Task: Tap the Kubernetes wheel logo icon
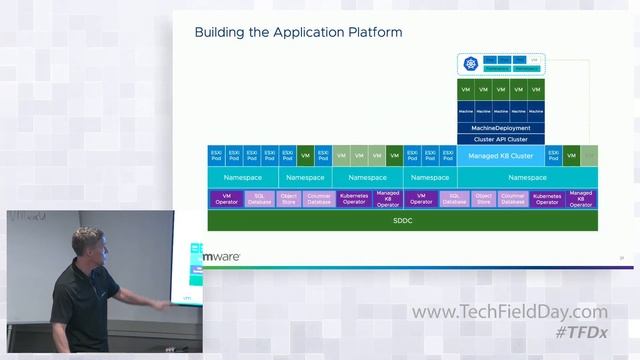click(470, 65)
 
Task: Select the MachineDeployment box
click(501, 128)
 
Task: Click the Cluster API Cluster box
click(501, 139)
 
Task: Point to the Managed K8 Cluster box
click(501, 156)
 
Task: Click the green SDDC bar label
click(402, 220)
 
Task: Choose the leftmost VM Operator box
click(225, 199)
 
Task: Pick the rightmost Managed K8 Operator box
click(581, 199)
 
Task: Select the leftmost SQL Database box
click(260, 199)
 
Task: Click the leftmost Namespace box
click(241, 177)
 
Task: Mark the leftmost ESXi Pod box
click(216, 156)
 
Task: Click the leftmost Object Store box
click(289, 199)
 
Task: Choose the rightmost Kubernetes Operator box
click(547, 199)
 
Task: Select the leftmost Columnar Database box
click(319, 199)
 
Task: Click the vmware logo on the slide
click(220, 257)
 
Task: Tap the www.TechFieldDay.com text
click(509, 313)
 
